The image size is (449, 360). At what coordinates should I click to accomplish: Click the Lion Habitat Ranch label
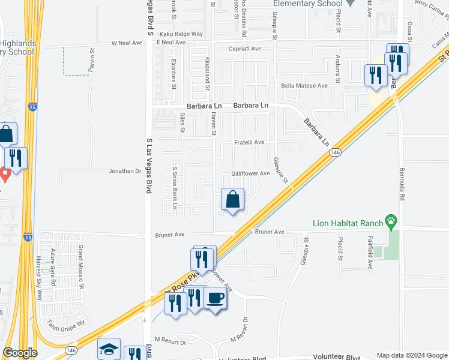coord(348,224)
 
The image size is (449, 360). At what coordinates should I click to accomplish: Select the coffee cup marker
coord(215,298)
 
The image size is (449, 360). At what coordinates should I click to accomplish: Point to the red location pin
coord(5,175)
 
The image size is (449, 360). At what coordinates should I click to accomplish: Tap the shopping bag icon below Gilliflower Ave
coord(232,199)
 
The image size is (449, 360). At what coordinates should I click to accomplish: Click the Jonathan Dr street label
coord(124,171)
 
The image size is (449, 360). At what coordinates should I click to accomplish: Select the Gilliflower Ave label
coord(251,173)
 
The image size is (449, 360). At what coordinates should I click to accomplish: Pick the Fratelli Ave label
coord(249,143)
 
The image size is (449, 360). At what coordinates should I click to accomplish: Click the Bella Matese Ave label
coord(306,86)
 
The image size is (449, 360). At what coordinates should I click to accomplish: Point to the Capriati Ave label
coord(244,49)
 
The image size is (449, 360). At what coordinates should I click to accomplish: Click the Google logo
coord(19,353)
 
